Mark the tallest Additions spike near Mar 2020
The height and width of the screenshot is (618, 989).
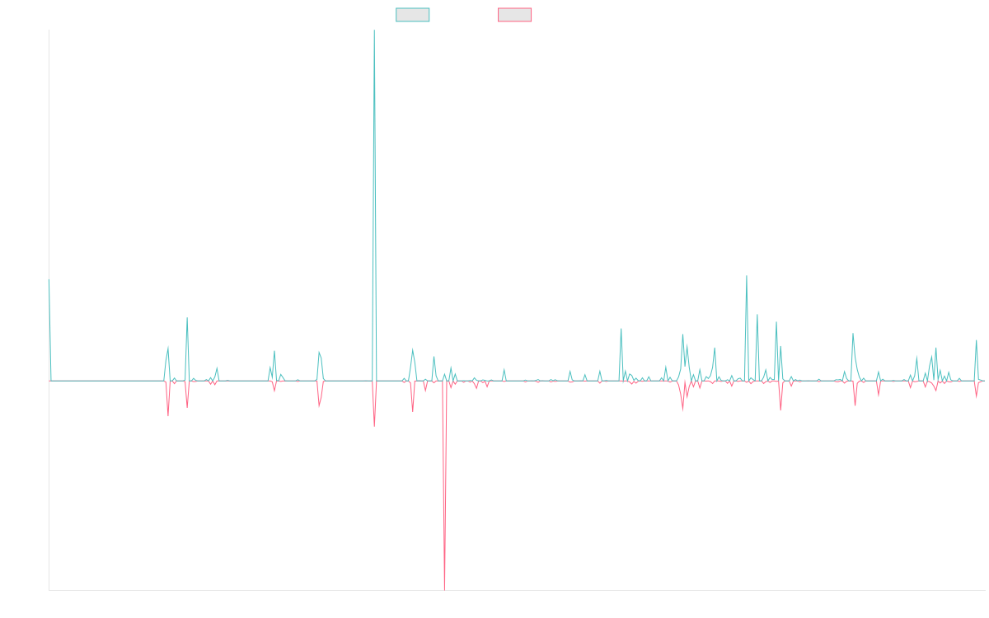click(x=374, y=30)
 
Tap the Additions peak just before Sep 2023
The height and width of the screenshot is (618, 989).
click(x=746, y=276)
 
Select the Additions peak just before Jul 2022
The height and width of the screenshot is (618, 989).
click(x=621, y=329)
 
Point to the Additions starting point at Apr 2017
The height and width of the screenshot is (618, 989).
click(x=49, y=282)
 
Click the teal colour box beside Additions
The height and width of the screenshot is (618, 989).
click(x=414, y=15)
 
